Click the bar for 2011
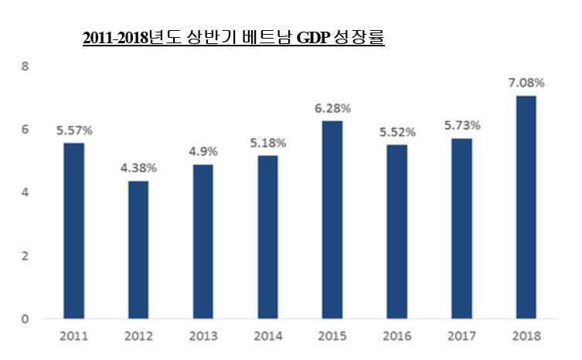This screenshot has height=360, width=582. [73, 230]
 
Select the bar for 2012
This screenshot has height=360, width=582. [138, 249]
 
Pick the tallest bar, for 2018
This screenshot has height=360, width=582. [526, 206]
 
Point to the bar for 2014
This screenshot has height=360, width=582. [267, 236]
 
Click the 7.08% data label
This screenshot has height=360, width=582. [526, 82]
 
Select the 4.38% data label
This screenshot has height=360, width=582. [138, 167]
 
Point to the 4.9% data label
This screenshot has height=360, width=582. [203, 150]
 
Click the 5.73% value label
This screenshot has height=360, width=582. [461, 124]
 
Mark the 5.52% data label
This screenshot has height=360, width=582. [397, 131]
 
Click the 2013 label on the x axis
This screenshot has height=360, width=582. [203, 336]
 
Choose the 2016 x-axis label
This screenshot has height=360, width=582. [397, 336]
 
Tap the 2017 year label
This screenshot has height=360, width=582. [461, 336]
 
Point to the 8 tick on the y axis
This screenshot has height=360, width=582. [25, 66]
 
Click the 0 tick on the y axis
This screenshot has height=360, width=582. [25, 318]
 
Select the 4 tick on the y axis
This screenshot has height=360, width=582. [25, 192]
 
